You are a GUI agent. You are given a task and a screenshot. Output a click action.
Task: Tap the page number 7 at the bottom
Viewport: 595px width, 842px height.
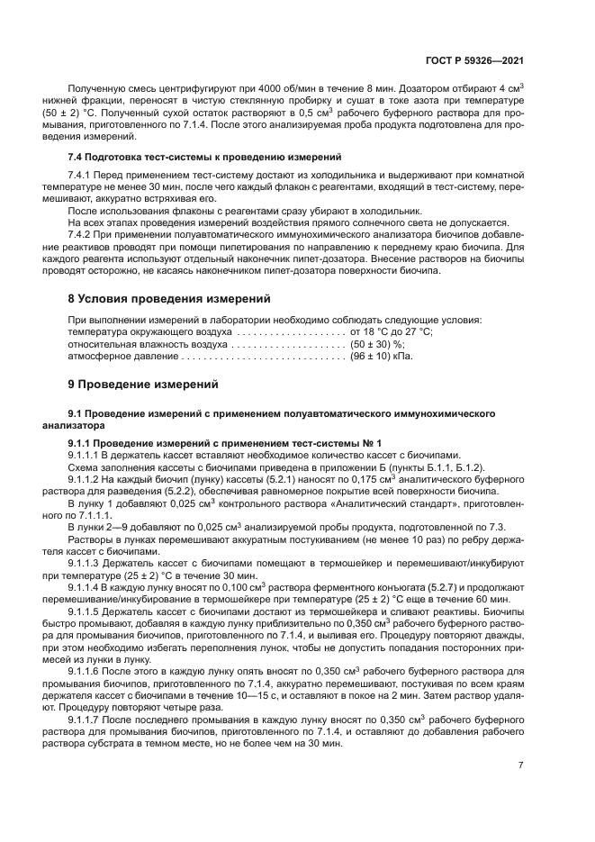(x=520, y=765)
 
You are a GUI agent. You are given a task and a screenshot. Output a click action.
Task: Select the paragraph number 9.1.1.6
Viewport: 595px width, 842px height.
(x=86, y=671)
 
